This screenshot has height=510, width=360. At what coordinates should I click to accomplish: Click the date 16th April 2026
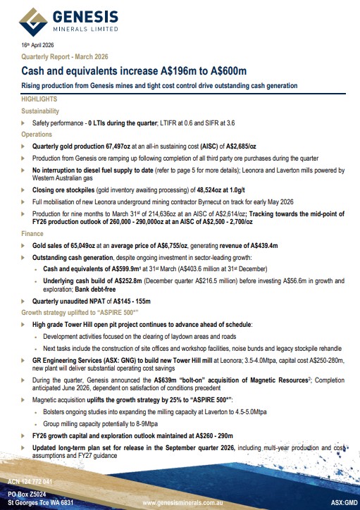[x=36, y=46]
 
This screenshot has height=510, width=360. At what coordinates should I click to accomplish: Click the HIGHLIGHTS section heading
[x=39, y=100]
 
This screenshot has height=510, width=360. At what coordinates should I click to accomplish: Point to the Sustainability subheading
[x=41, y=111]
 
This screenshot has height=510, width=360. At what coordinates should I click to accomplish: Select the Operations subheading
[x=37, y=133]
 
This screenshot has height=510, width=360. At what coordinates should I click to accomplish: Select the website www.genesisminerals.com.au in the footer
[x=189, y=504]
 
